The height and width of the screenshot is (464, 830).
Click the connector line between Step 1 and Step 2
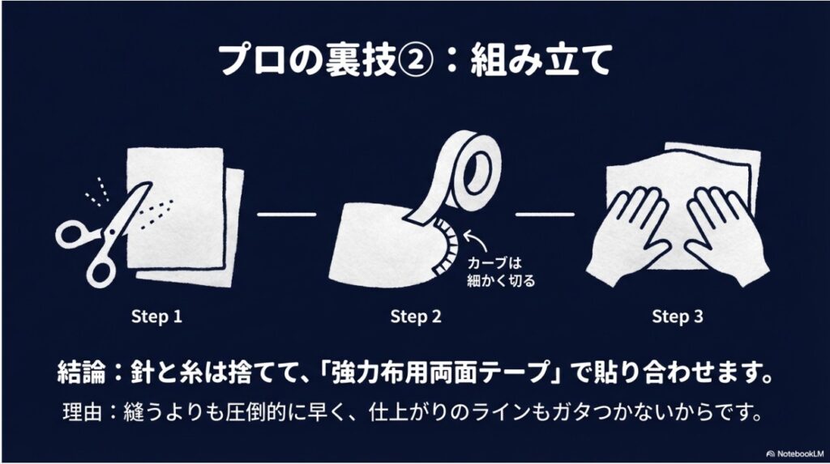point(285,215)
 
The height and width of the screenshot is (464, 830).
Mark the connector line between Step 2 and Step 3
point(545,215)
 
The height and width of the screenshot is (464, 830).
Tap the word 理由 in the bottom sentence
point(82,415)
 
